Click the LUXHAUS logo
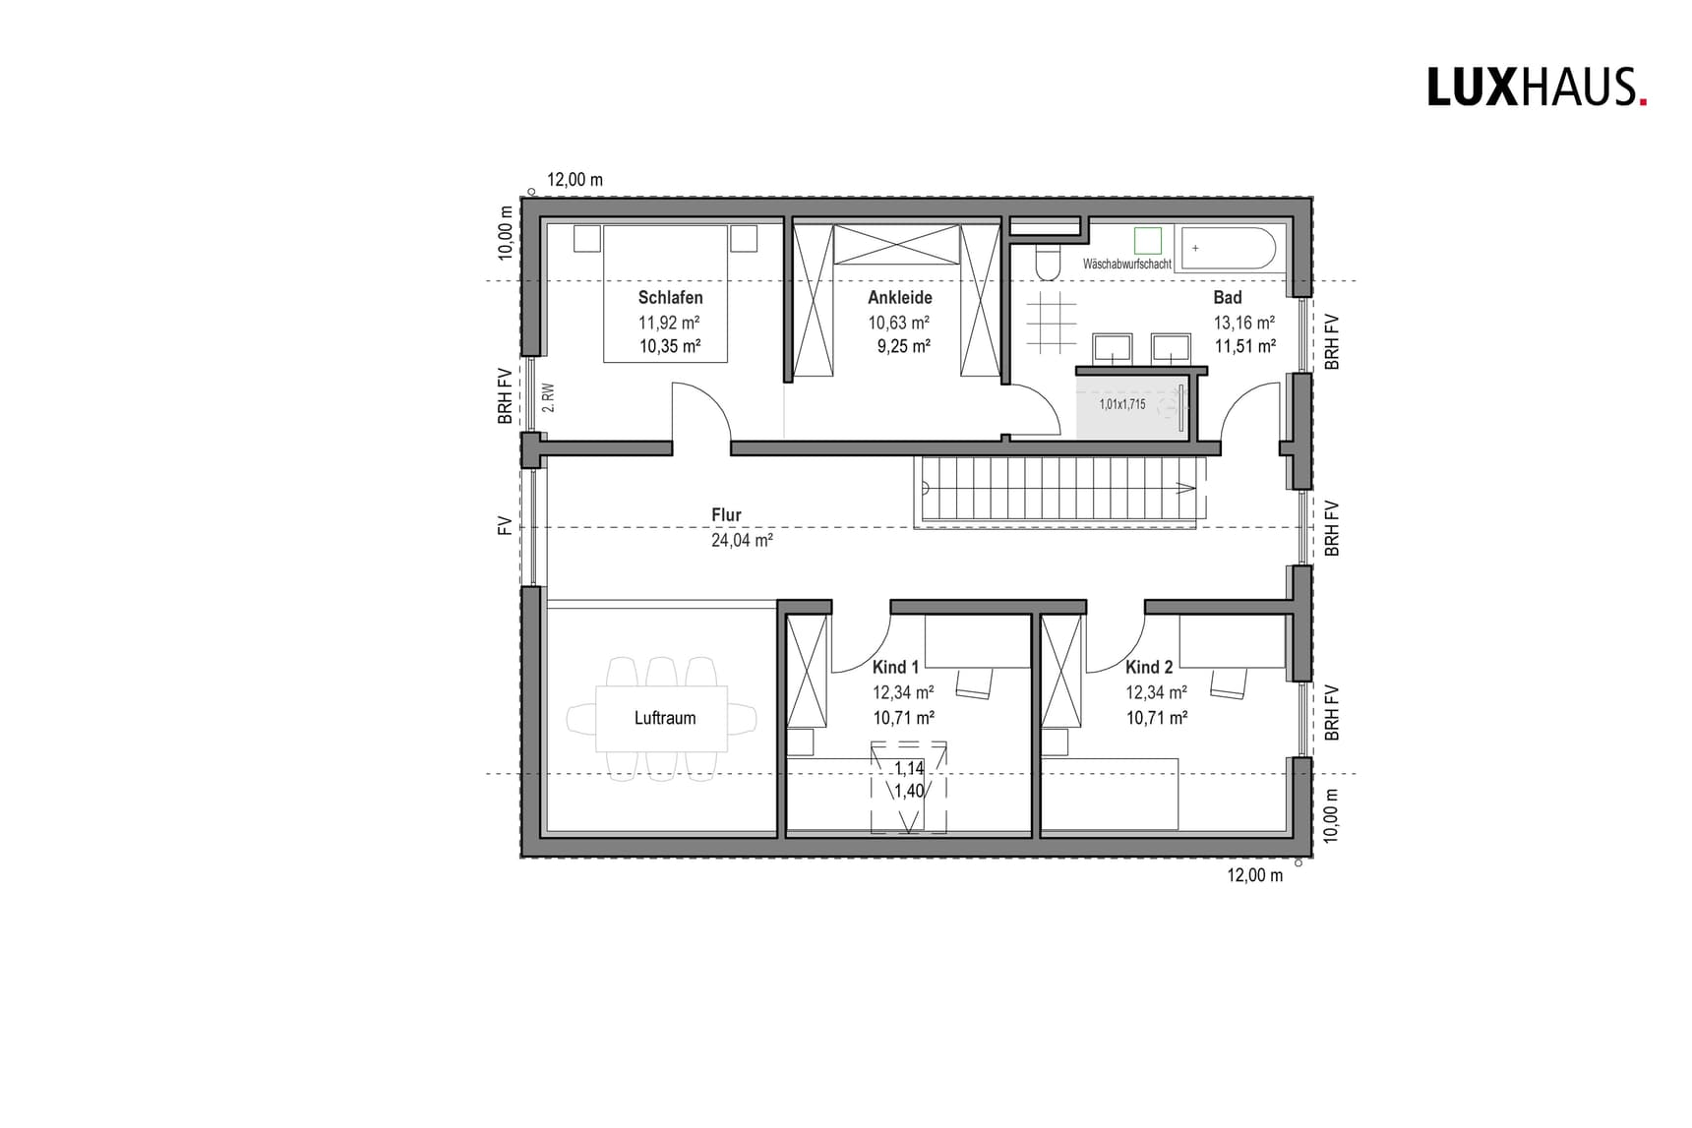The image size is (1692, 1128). tap(1536, 88)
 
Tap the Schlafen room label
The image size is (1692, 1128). tap(670, 297)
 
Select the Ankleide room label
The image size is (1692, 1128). tap(899, 297)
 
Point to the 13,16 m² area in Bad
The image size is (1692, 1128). tap(1244, 323)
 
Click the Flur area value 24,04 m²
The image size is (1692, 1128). tap(742, 540)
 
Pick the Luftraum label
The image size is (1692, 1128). tap(665, 718)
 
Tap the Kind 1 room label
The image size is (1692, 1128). tap(895, 667)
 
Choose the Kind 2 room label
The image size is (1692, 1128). tap(1149, 667)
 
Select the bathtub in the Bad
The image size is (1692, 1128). tap(1229, 249)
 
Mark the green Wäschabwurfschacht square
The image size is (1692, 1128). tap(1147, 240)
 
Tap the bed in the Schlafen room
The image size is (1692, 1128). tap(665, 293)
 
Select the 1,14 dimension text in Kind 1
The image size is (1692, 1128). tap(909, 769)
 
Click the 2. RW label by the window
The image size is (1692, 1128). tap(549, 397)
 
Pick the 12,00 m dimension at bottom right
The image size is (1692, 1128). tap(1254, 875)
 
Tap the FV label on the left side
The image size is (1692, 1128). tap(506, 525)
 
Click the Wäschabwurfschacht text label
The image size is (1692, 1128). tap(1126, 265)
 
